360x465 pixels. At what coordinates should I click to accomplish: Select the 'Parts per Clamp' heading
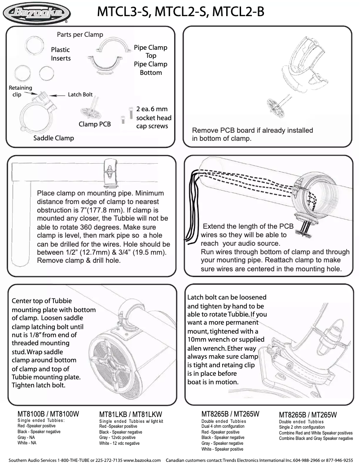click(x=80, y=35)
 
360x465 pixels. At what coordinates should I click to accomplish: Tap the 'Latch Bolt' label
click(x=80, y=95)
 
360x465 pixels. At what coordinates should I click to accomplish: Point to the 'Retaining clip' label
click(x=20, y=91)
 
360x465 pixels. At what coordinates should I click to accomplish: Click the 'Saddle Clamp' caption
click(x=53, y=138)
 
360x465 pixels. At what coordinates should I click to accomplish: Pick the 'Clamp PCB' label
click(x=94, y=124)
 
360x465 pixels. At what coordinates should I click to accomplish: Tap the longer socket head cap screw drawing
click(x=131, y=112)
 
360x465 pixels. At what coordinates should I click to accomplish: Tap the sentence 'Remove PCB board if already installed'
click(x=252, y=130)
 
